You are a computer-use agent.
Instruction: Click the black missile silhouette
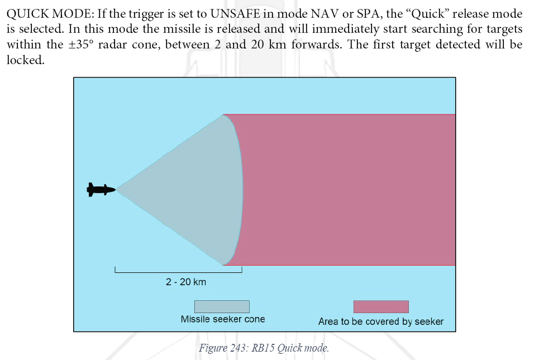(101, 190)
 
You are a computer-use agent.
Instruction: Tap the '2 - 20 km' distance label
(186, 282)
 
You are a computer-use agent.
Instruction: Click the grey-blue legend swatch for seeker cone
(222, 307)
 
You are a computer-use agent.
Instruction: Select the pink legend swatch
(381, 307)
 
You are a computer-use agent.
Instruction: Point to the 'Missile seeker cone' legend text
(223, 319)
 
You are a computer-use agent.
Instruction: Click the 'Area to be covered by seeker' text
(381, 321)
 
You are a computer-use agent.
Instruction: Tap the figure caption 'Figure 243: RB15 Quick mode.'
(264, 348)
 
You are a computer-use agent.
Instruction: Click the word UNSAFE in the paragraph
(235, 14)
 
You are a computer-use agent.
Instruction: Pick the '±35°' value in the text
(81, 45)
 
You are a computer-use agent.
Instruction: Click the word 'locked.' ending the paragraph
(26, 60)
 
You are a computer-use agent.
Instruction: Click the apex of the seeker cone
(116, 189)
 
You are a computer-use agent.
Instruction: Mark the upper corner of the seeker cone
(223, 115)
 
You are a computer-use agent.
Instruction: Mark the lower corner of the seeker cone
(223, 265)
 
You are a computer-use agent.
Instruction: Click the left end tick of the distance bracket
(115, 270)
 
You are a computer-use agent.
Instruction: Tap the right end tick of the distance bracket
(242, 270)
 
